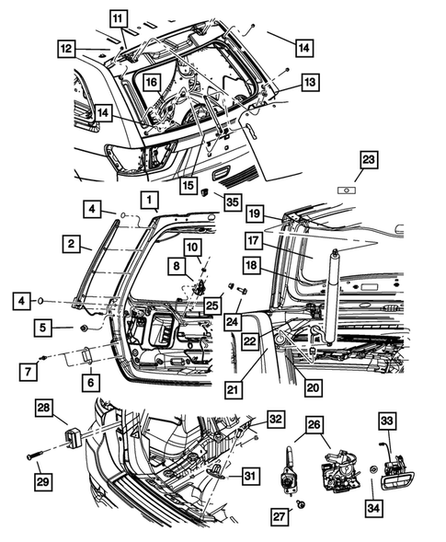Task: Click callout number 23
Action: tap(369, 160)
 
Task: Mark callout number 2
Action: tap(71, 244)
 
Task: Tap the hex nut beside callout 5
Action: tap(85, 327)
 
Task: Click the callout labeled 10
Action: tap(191, 247)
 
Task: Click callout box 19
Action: tap(256, 213)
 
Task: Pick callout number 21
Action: tap(234, 388)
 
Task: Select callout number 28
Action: tap(44, 407)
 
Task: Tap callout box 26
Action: tap(314, 425)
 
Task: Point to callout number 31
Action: tap(249, 474)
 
